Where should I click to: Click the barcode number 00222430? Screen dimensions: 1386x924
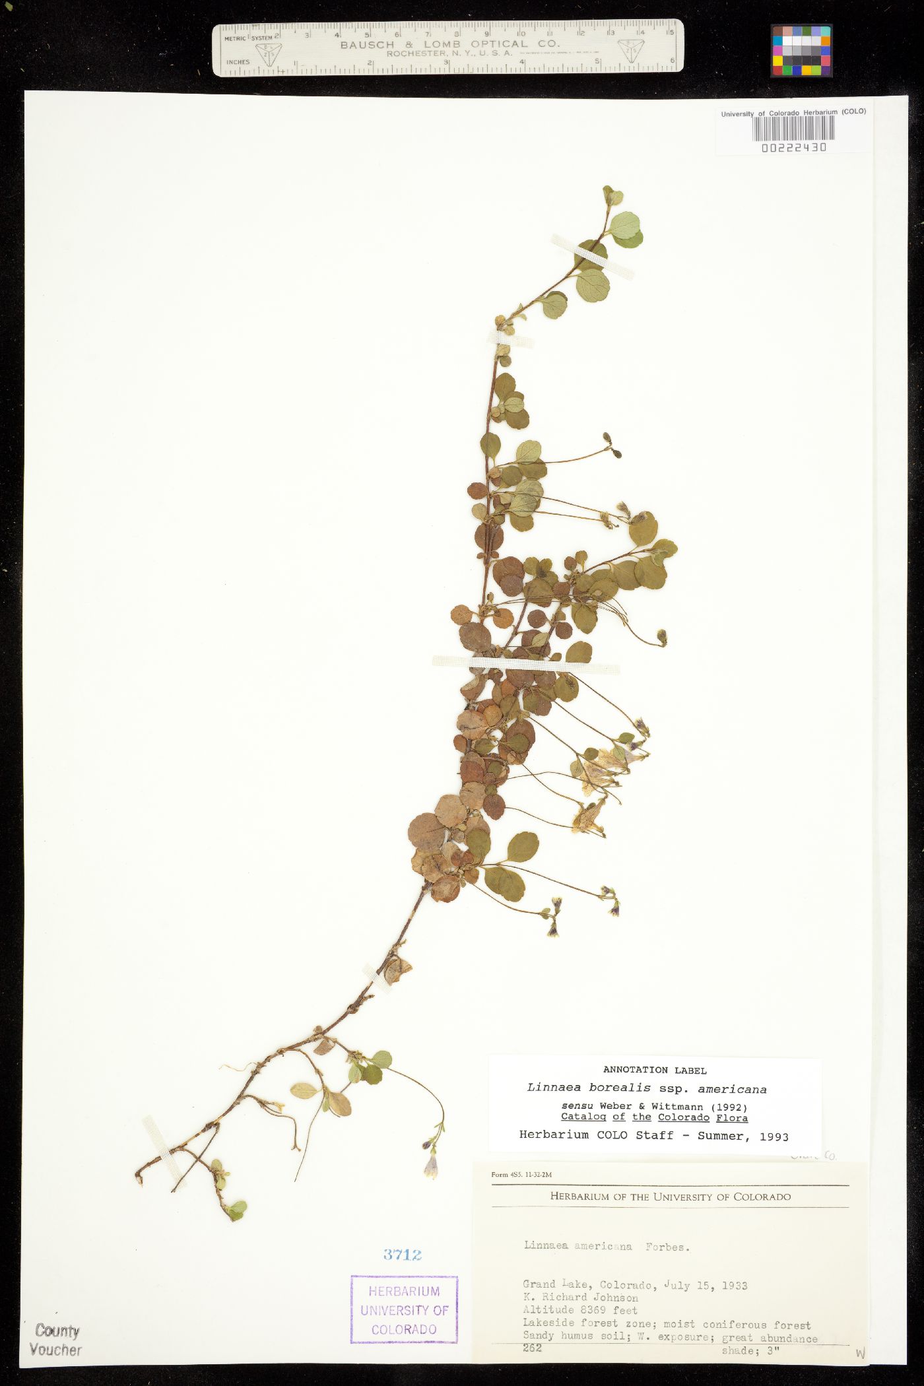click(793, 148)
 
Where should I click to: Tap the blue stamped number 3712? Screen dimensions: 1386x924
click(403, 1255)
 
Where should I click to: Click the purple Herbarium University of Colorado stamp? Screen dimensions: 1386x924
click(404, 1309)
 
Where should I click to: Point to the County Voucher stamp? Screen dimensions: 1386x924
click(56, 1340)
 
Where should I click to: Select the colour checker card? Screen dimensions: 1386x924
click(801, 51)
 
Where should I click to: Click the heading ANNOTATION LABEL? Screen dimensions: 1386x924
click(655, 1071)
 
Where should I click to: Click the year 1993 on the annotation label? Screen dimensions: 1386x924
click(774, 1137)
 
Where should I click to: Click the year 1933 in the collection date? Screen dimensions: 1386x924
click(734, 1285)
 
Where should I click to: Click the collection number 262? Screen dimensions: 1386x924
click(532, 1347)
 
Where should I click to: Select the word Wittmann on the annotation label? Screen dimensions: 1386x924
click(676, 1106)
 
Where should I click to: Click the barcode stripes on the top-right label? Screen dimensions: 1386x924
click(793, 128)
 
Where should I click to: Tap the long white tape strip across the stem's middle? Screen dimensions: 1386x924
click(526, 664)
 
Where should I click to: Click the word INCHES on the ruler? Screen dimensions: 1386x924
click(238, 62)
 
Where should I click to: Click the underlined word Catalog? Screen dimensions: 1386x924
click(583, 1117)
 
